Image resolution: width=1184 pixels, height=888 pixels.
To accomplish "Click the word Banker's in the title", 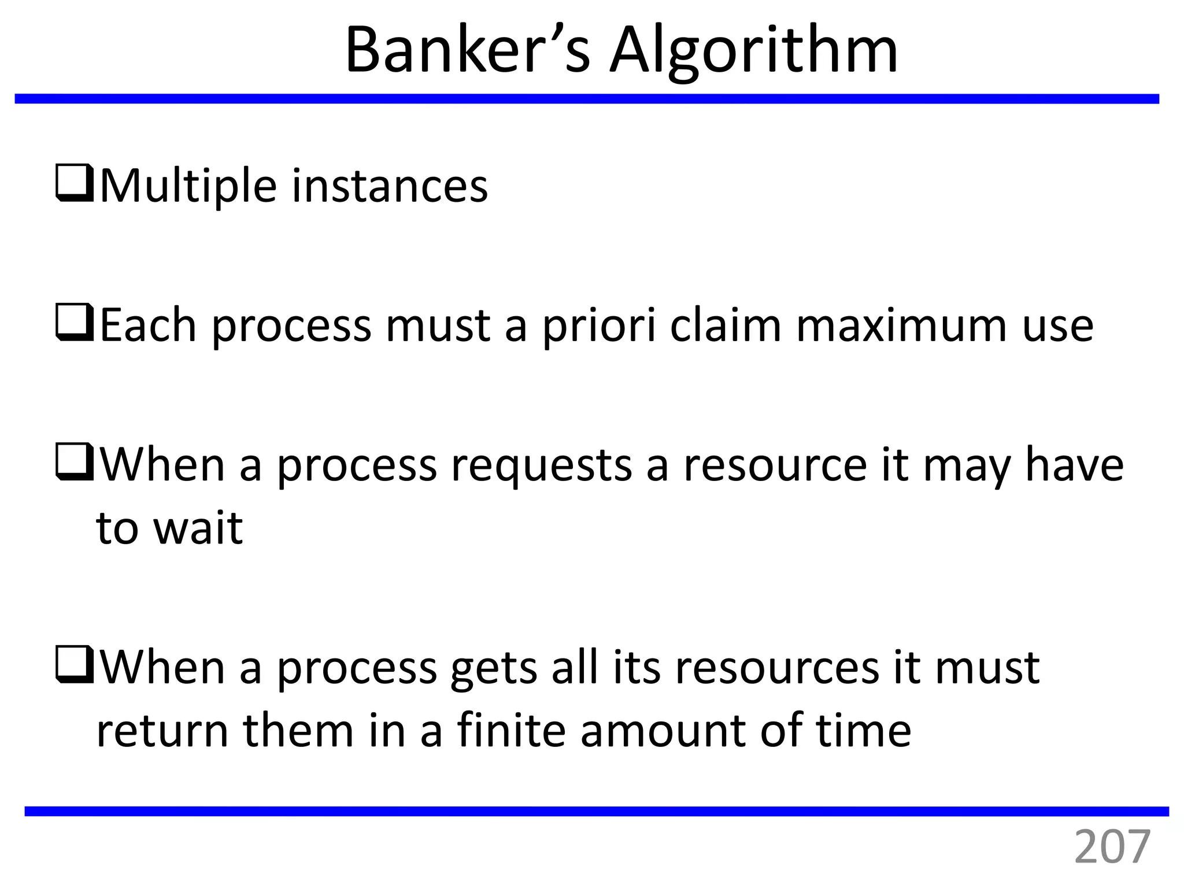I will click(x=467, y=51).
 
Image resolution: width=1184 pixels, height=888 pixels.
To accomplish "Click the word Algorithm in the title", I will click(x=754, y=51).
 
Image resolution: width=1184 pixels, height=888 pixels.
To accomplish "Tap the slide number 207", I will click(x=1112, y=848).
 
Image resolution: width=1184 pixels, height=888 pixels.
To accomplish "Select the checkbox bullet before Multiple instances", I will click(x=75, y=184).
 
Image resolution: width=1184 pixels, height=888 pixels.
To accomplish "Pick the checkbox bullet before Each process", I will click(x=75, y=323).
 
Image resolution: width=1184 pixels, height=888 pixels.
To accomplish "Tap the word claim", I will click(x=725, y=326).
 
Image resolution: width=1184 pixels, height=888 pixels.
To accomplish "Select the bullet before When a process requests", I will click(x=75, y=462).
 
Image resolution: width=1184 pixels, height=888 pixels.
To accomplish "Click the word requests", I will click(x=541, y=466).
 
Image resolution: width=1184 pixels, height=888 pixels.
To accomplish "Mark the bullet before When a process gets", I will click(x=75, y=665).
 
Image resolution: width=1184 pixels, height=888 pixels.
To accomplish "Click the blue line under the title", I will click(x=587, y=99).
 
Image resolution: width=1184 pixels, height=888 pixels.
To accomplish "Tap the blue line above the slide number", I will click(x=597, y=811).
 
